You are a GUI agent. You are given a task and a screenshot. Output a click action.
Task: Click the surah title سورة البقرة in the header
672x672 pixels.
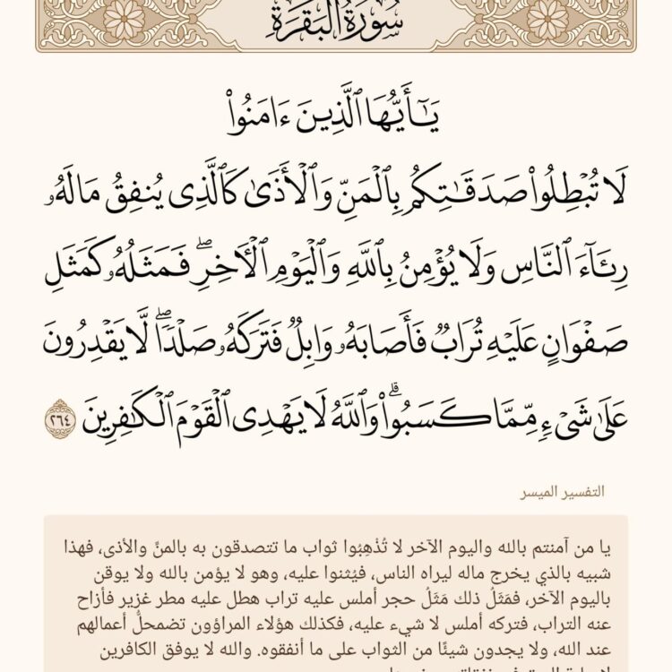(336, 19)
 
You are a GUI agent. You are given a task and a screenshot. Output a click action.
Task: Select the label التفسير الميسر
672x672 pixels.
(565, 492)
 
